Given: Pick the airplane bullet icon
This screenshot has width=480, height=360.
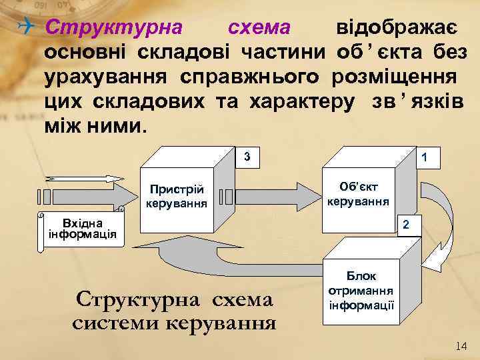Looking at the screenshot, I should click(27, 27).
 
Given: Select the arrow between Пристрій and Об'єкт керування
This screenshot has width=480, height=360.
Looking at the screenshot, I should click(273, 196).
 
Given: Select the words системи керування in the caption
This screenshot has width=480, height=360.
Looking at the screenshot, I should click(174, 323).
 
